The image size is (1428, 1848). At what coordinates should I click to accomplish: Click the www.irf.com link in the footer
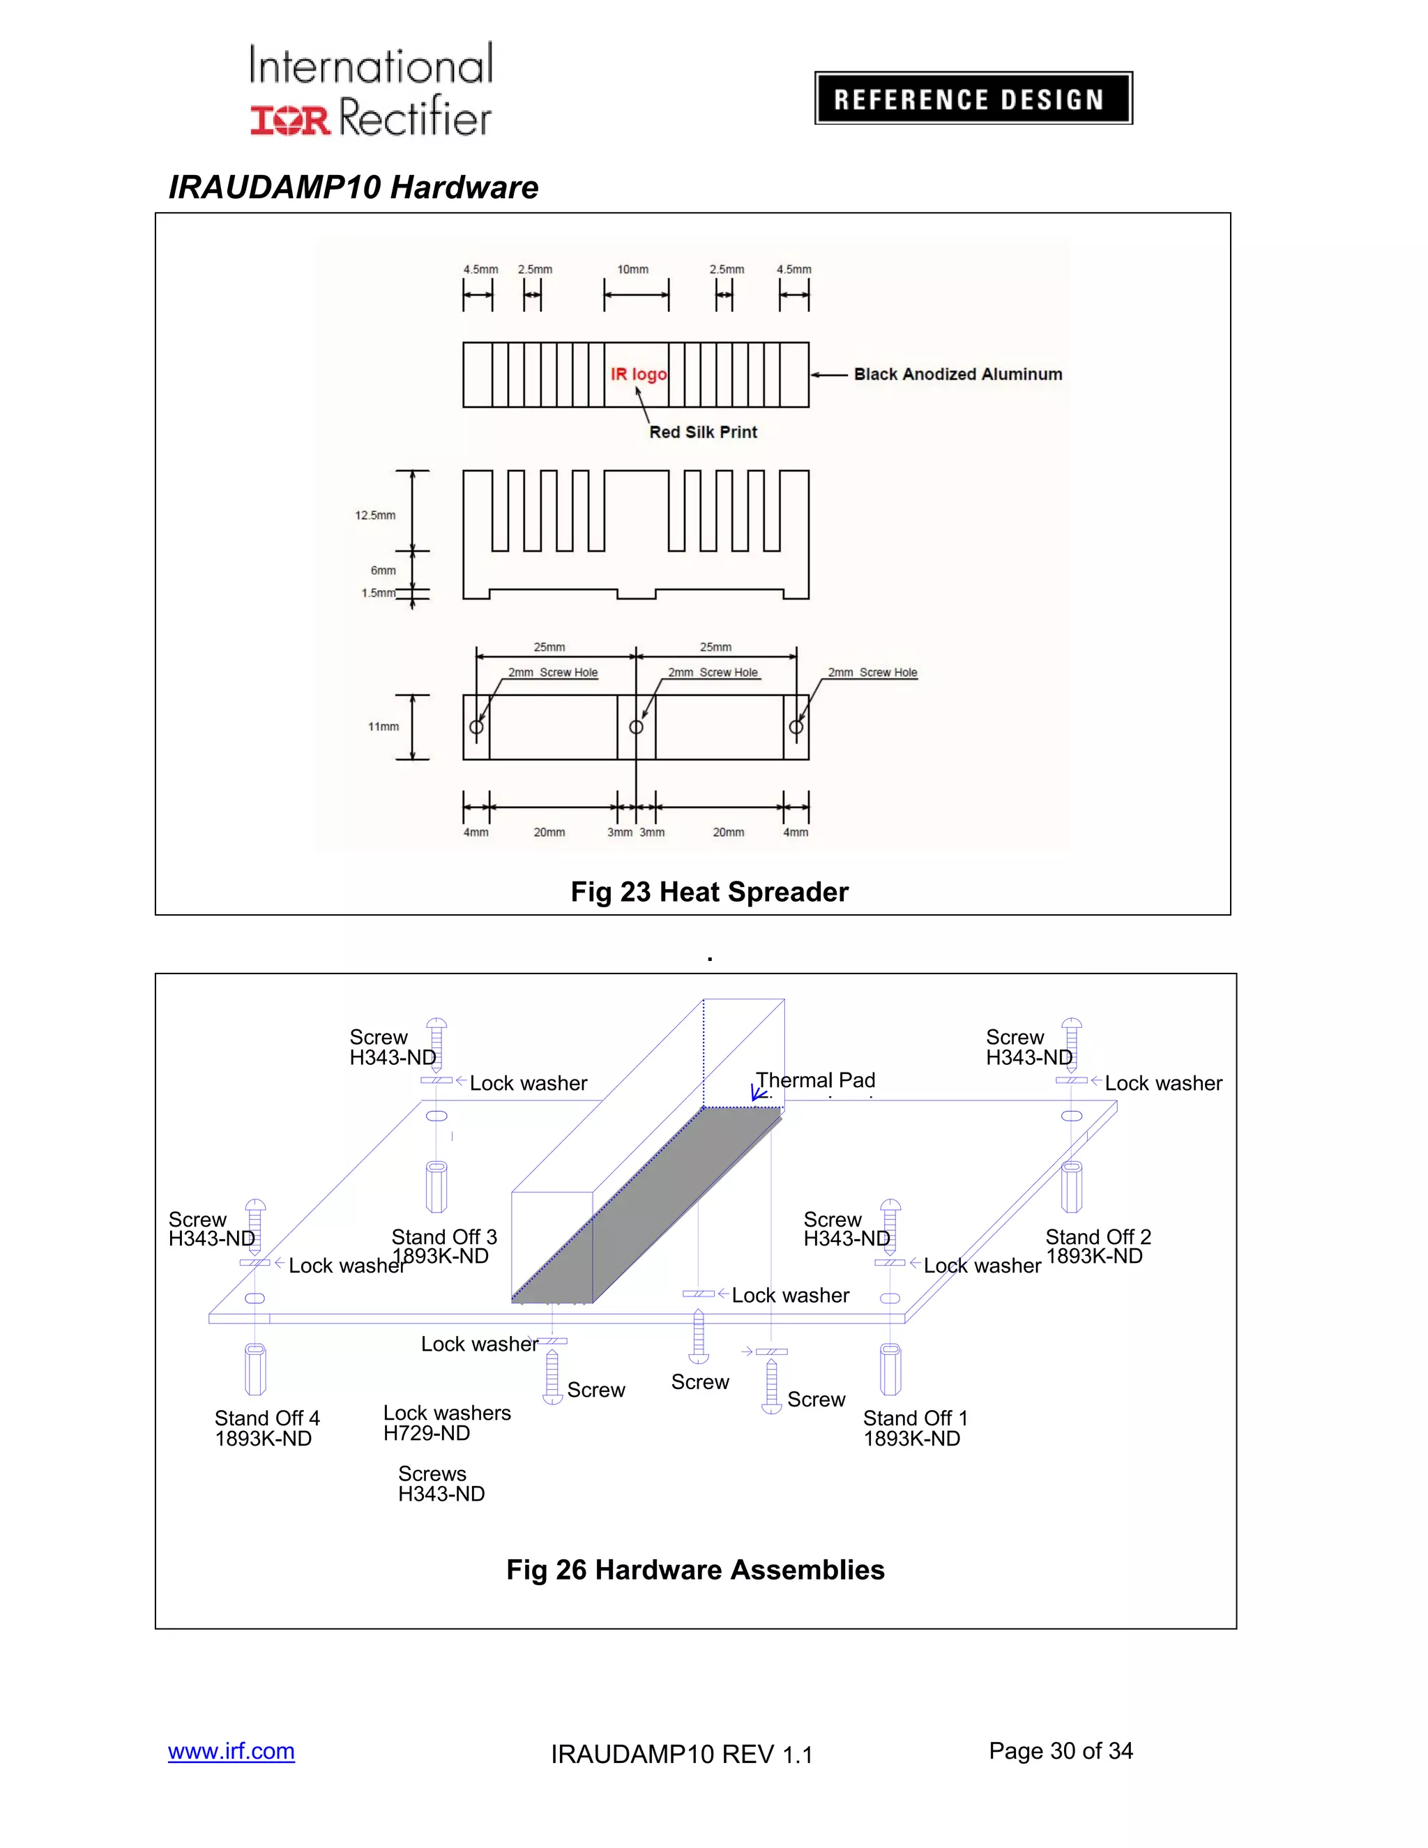pos(231,1750)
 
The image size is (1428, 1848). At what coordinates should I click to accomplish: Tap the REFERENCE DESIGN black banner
pos(973,99)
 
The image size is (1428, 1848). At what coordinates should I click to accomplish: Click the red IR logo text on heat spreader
pos(639,374)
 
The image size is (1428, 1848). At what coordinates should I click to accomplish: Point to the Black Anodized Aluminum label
pos(957,374)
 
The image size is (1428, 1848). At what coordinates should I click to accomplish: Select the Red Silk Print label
pos(703,432)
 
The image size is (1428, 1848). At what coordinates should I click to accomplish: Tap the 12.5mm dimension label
pos(374,515)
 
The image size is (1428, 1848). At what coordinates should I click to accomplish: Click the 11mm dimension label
pos(383,727)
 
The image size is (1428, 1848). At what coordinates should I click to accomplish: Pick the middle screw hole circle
pos(636,727)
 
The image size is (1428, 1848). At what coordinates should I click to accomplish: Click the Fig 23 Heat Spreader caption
pos(709,892)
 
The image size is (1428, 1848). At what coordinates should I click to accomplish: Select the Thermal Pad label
pos(816,1080)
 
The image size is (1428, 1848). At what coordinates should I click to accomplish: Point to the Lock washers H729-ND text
pos(447,1423)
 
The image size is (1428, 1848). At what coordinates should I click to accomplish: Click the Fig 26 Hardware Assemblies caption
pos(694,1570)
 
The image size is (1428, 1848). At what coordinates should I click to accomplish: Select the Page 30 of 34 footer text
pos(1060,1750)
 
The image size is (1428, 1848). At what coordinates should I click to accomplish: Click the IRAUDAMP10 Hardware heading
pos(354,187)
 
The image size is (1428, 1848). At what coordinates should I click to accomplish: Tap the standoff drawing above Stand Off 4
pos(255,1368)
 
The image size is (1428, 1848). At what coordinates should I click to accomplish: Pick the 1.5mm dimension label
pos(378,593)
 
